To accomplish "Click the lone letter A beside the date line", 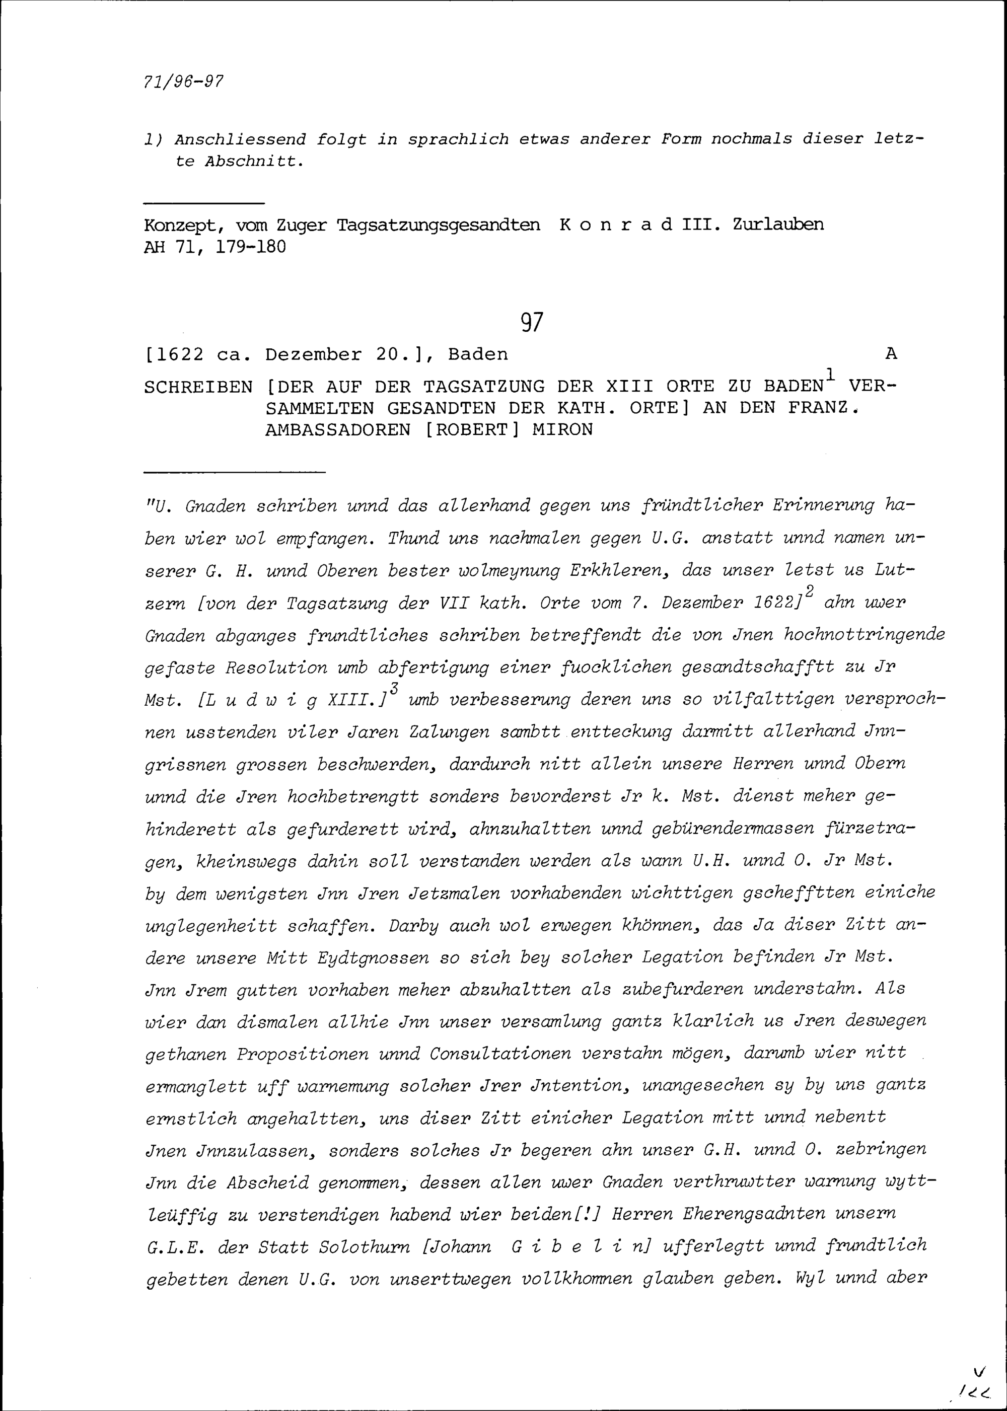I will [x=891, y=354].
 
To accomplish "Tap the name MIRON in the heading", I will [x=562, y=429].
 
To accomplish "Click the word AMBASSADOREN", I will [x=337, y=429].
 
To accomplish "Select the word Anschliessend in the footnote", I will [x=241, y=139].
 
